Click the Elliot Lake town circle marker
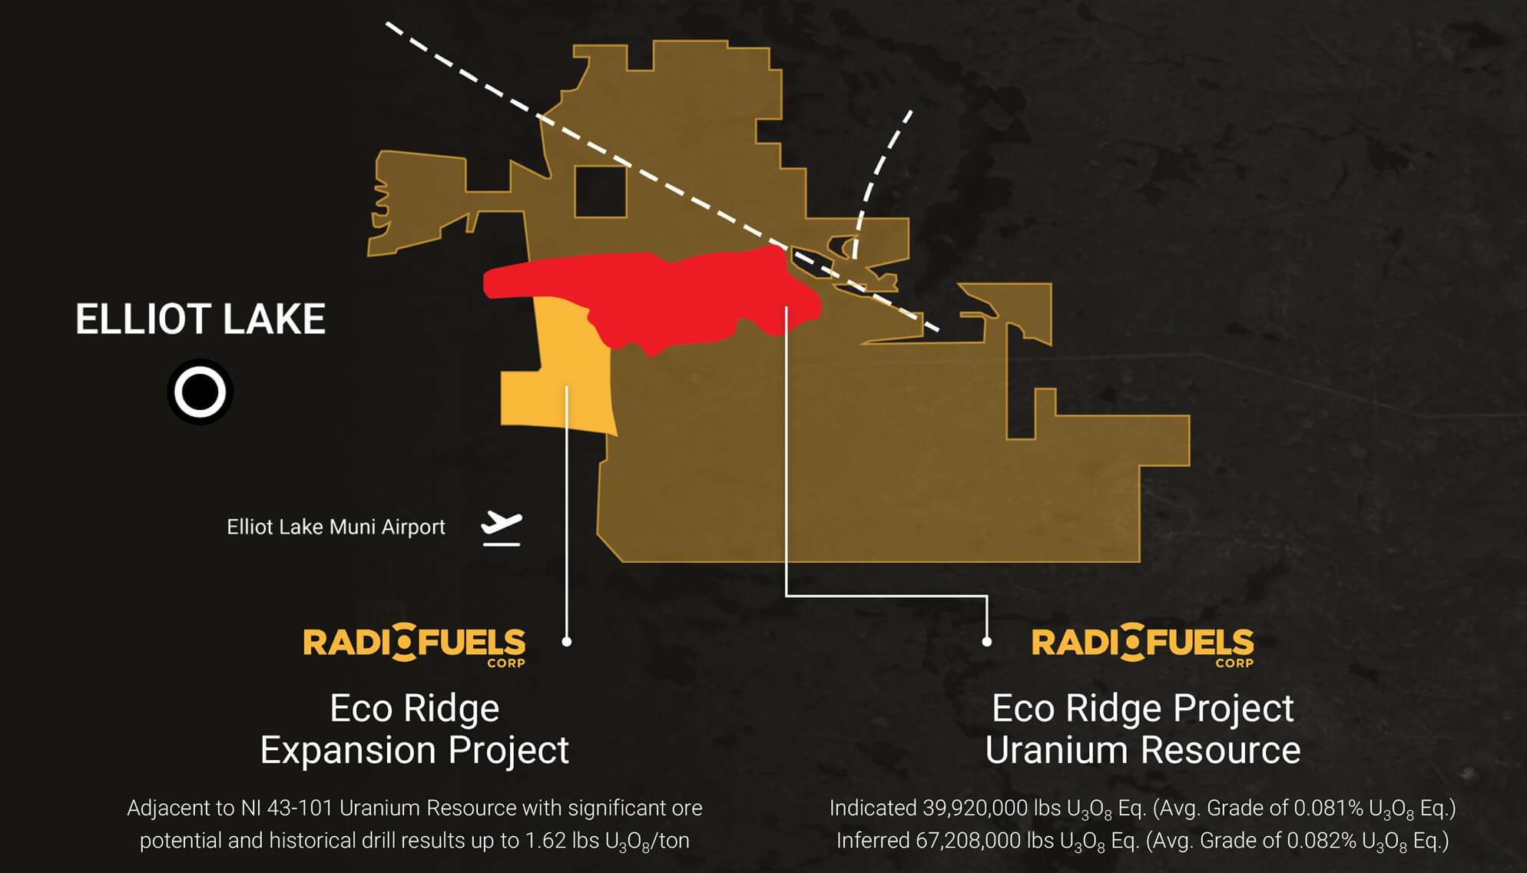click(200, 392)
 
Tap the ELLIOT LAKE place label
click(200, 319)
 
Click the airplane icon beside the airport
click(502, 529)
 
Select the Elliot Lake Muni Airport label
click(336, 527)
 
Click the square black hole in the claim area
click(601, 191)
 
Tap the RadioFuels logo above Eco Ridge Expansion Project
click(415, 645)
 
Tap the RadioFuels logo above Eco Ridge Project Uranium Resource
click(1143, 645)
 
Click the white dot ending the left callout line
click(567, 641)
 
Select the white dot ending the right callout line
click(987, 641)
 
